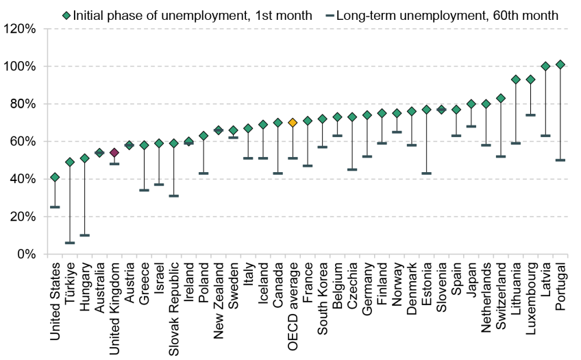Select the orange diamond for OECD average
293,123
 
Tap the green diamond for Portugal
560,64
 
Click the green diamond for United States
55,177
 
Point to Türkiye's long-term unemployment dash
70,243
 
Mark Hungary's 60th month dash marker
85,235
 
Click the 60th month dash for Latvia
545,136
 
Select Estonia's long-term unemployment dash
426,173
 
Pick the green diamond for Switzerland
501,98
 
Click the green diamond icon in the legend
66,14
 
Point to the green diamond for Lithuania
516,80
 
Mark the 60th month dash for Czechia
352,169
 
